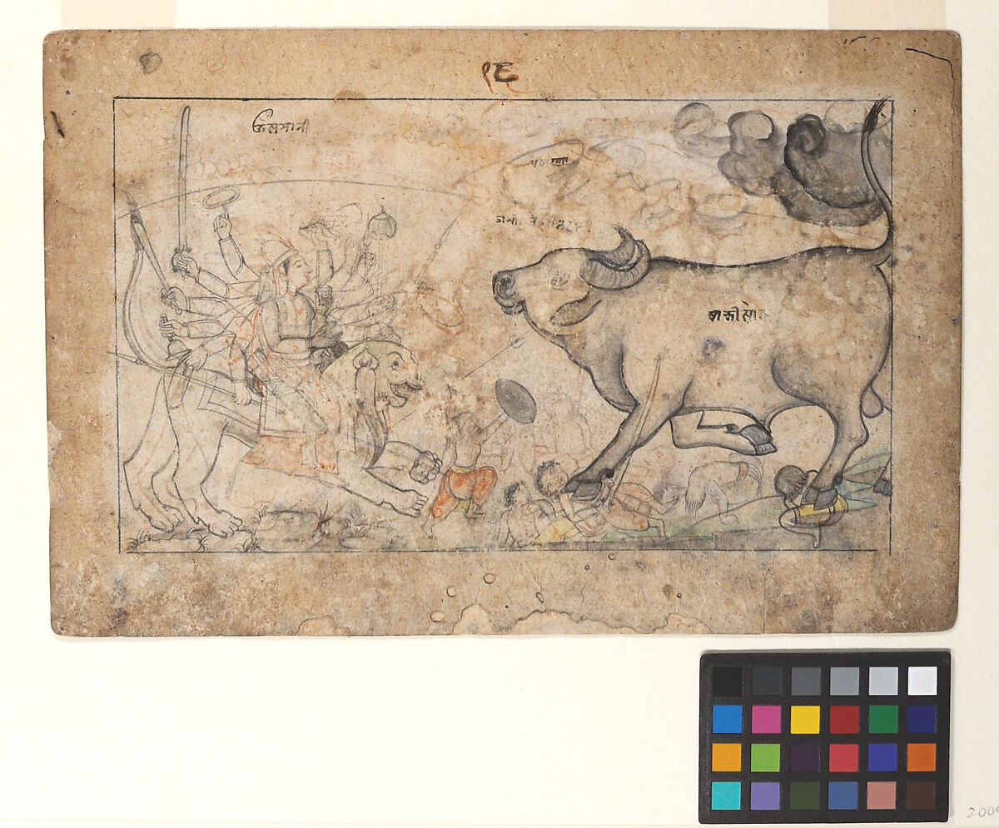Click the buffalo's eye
click(x=557, y=280)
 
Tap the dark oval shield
click(x=515, y=400)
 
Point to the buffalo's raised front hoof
click(x=756, y=439)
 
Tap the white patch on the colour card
click(x=922, y=680)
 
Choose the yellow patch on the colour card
click(x=805, y=718)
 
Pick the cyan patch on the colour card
click(x=727, y=795)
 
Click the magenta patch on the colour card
click(x=766, y=718)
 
